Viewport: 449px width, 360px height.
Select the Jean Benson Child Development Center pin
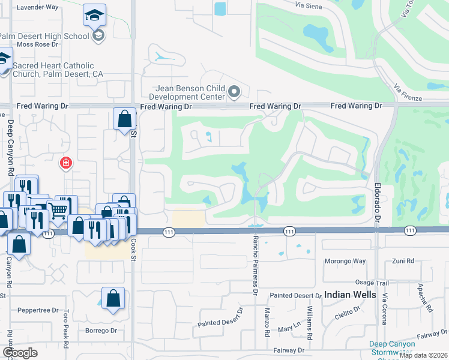pos(234,92)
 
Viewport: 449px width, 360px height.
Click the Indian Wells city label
pos(351,295)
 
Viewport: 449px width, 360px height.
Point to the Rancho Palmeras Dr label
pos(255,265)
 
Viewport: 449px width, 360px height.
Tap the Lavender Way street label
pos(38,7)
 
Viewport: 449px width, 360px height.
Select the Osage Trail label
pos(372,283)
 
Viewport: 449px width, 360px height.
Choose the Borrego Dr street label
pos(101,331)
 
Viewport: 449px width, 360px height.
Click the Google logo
pos(20,353)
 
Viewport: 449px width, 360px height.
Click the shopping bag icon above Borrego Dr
pos(113,298)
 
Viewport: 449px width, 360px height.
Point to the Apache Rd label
pos(425,299)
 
